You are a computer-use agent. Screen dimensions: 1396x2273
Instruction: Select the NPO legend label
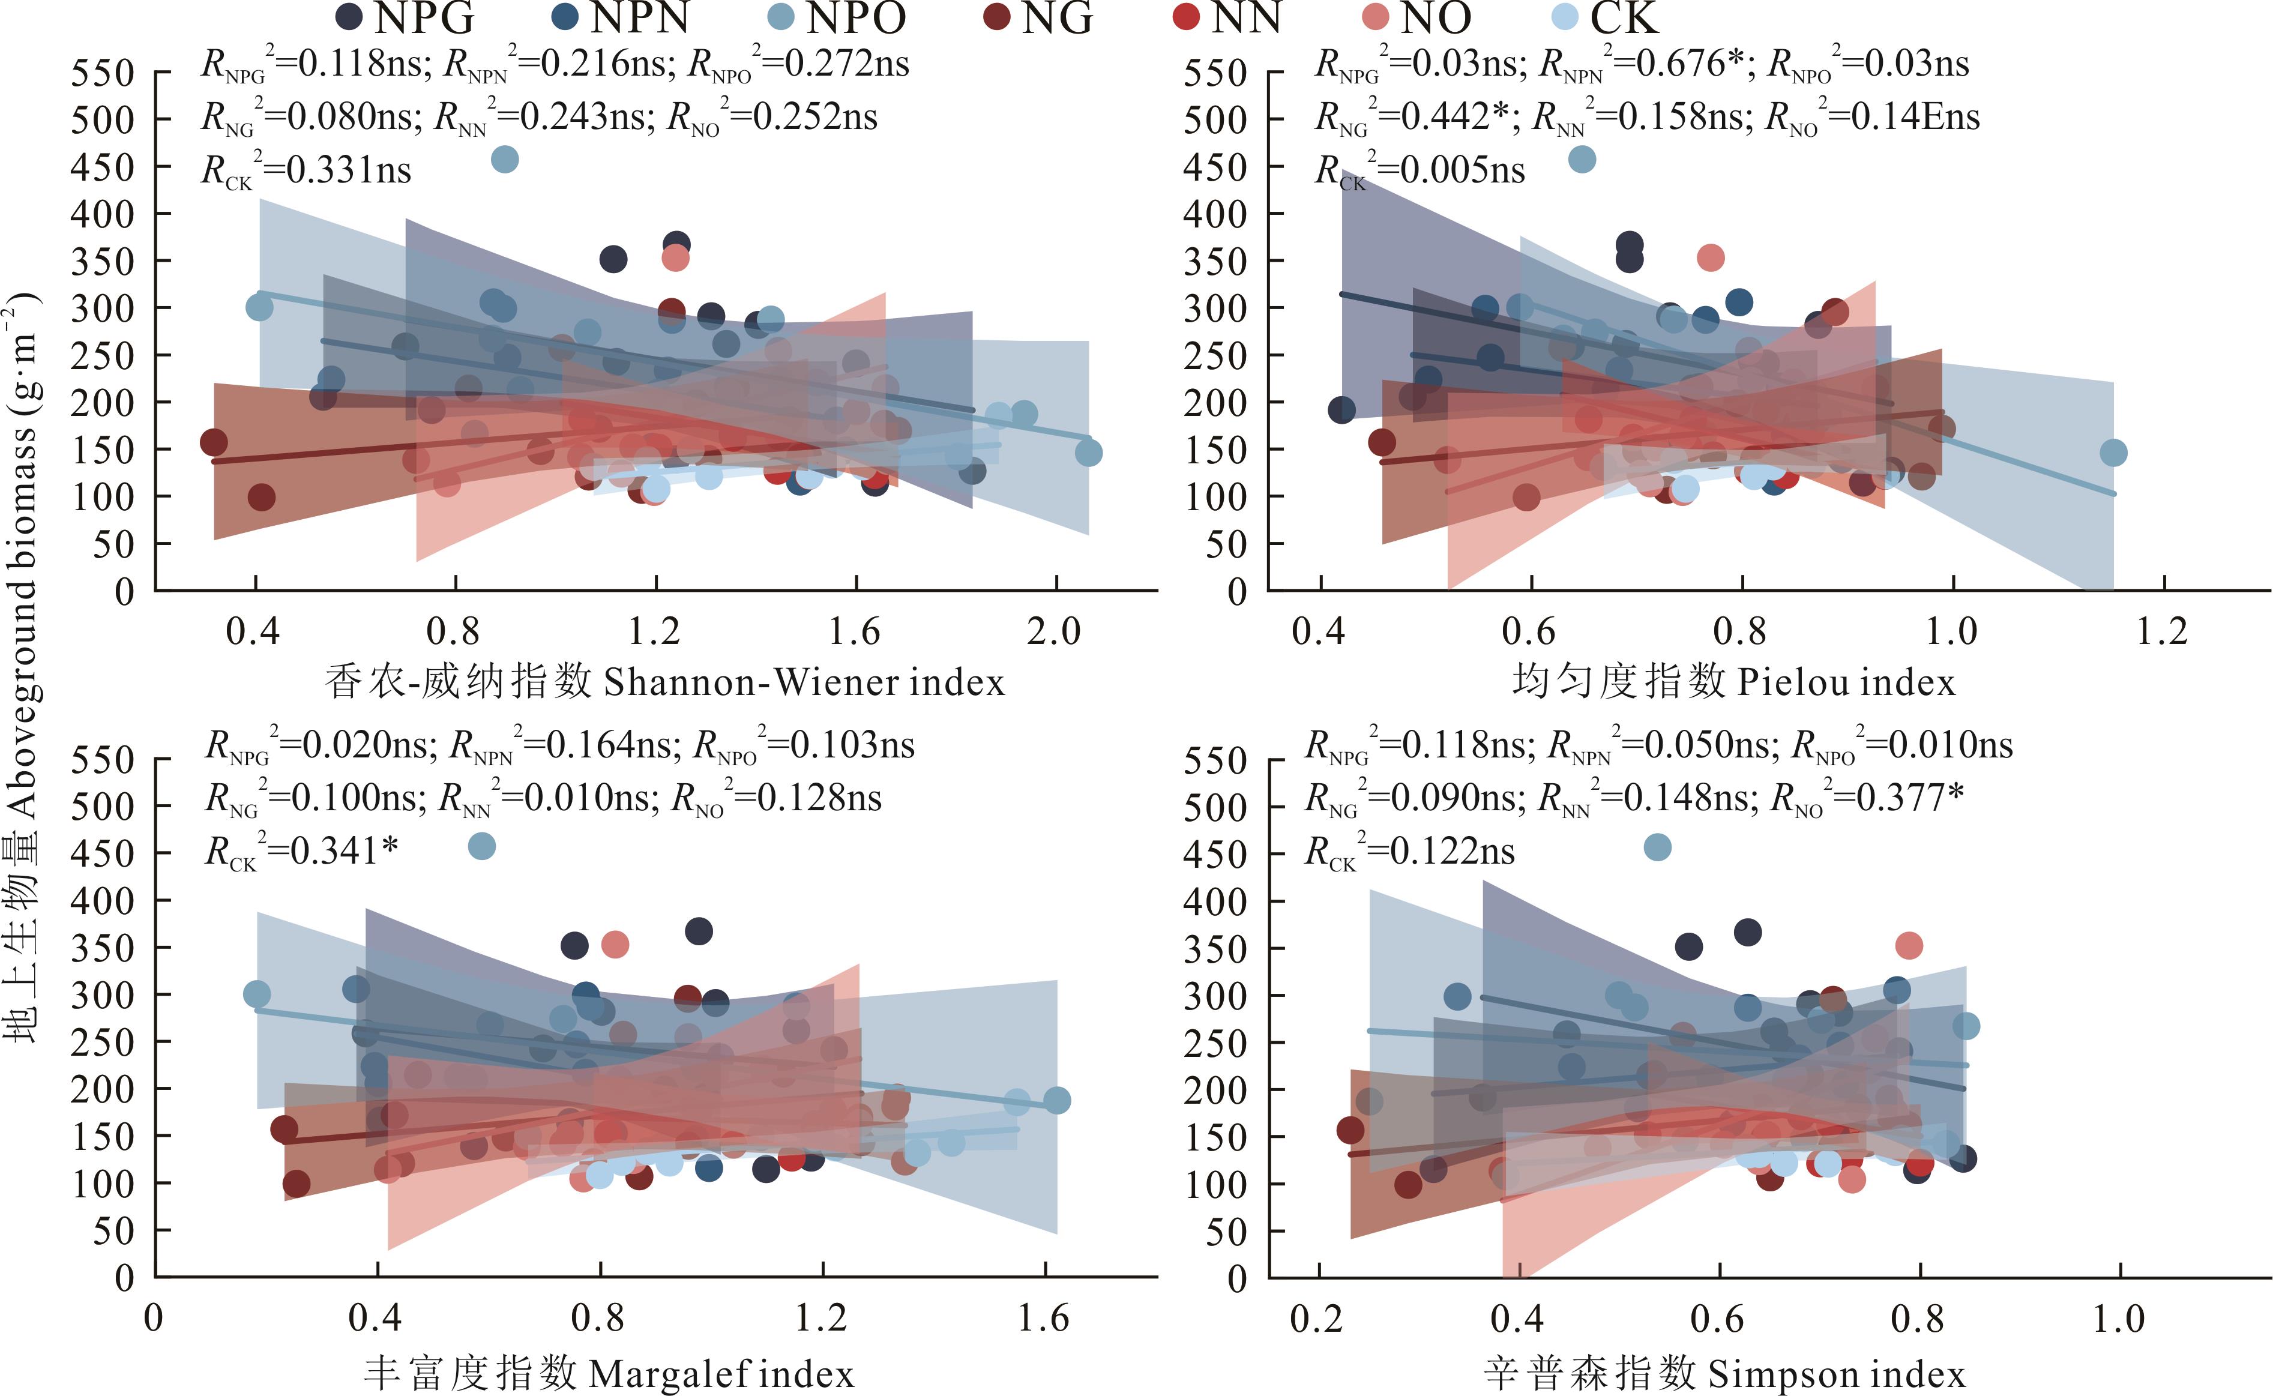856,17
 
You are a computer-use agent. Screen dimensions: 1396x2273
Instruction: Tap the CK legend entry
1624,17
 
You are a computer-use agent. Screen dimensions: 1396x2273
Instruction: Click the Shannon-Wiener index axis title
664,682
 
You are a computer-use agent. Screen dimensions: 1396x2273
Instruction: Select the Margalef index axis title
609,1373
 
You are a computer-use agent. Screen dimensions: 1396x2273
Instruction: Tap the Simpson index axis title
1724,1373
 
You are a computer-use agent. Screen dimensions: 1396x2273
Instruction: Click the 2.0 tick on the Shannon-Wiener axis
1055,631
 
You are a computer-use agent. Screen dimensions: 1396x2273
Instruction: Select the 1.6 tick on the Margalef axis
1044,1319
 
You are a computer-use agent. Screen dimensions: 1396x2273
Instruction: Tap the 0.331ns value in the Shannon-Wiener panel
349,170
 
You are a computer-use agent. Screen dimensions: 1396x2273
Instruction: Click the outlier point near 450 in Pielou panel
1582,159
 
